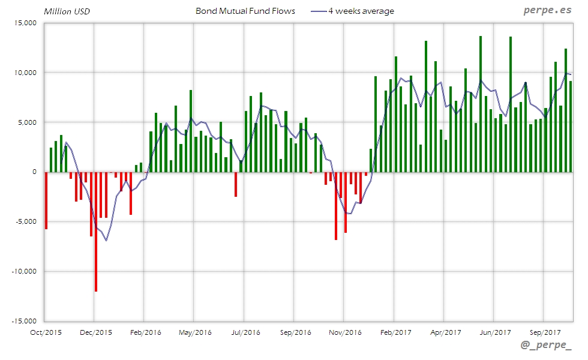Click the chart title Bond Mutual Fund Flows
click(x=245, y=11)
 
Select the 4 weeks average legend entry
click(x=361, y=11)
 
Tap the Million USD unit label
click(x=67, y=11)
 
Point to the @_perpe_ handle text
click(x=546, y=346)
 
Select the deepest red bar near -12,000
click(x=96, y=232)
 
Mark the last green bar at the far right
click(x=571, y=127)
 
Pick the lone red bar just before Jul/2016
click(x=236, y=184)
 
